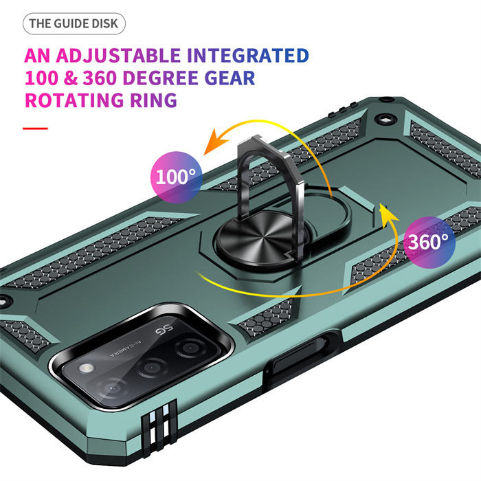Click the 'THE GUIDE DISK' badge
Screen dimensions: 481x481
coord(74,24)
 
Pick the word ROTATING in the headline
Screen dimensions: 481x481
coord(75,100)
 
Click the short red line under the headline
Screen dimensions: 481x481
coord(35,127)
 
